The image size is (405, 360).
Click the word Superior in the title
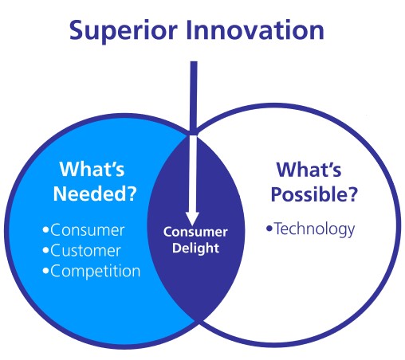(123, 31)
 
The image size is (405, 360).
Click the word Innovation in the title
(255, 29)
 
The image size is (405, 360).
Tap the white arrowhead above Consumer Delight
(192, 218)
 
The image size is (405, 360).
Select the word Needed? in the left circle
(95, 194)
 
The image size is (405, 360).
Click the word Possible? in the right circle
(314, 194)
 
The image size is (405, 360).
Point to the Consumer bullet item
(84, 230)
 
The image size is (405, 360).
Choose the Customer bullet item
(81, 250)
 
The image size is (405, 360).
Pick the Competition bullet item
(92, 272)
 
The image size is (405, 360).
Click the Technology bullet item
(310, 229)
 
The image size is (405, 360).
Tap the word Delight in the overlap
(195, 248)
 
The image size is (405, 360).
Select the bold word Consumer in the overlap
(195, 232)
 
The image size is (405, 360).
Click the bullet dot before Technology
(269, 229)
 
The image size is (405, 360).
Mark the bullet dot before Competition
(45, 271)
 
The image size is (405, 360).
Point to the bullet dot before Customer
(45, 250)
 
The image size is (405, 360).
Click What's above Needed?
(92, 169)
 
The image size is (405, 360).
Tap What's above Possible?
(309, 169)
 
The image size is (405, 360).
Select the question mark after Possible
(352, 194)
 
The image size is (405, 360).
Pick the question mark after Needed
(132, 194)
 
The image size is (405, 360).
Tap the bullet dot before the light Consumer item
(45, 229)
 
